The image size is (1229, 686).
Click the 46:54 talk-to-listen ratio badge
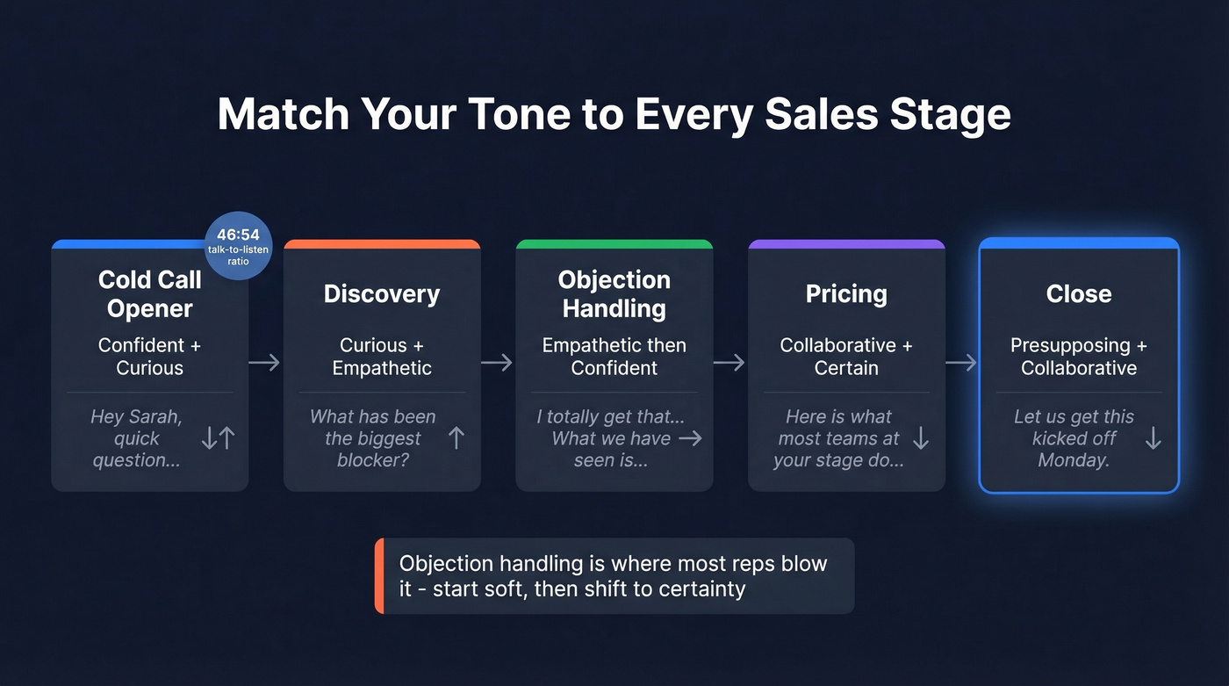coord(239,245)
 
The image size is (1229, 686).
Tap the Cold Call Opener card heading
coord(150,294)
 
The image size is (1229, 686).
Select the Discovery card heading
coord(382,294)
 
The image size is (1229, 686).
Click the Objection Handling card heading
coord(614,294)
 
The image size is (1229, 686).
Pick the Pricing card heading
coord(846,294)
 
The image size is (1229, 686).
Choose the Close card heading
coord(1079,294)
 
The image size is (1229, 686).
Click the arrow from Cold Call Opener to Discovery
coord(264,362)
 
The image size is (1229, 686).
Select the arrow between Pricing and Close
coord(961,362)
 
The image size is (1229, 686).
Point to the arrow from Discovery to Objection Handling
coord(497,362)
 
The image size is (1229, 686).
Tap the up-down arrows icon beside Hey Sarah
coord(218,438)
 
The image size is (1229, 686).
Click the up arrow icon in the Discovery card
coord(456,438)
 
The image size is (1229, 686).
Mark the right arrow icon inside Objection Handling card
coord(691,438)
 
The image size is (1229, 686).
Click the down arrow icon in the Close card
coord(1154,438)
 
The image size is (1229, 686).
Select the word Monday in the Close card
coord(1073,461)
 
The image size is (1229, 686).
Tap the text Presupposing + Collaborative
coord(1079,357)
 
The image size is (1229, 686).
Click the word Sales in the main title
coord(828,115)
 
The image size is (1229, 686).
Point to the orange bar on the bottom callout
coord(379,575)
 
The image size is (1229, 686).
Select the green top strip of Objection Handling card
coord(614,244)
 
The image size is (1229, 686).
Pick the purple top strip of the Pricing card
coord(846,244)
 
